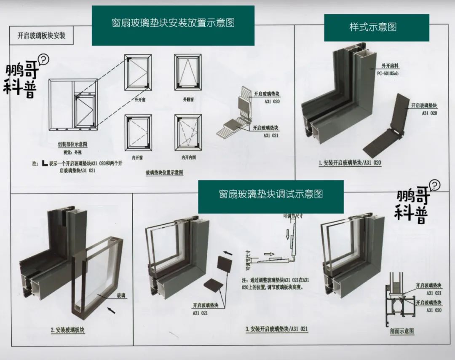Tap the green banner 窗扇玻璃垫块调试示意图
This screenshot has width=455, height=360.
(270, 194)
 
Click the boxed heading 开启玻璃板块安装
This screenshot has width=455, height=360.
(41, 35)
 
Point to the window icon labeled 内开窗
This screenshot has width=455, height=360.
(138, 132)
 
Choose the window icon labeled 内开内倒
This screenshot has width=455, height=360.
(188, 132)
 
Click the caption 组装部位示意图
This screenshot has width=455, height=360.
(72, 144)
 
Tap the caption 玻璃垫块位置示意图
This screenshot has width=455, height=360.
(164, 172)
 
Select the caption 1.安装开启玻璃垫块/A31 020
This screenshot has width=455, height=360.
(350, 163)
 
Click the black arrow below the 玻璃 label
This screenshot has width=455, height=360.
(112, 311)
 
